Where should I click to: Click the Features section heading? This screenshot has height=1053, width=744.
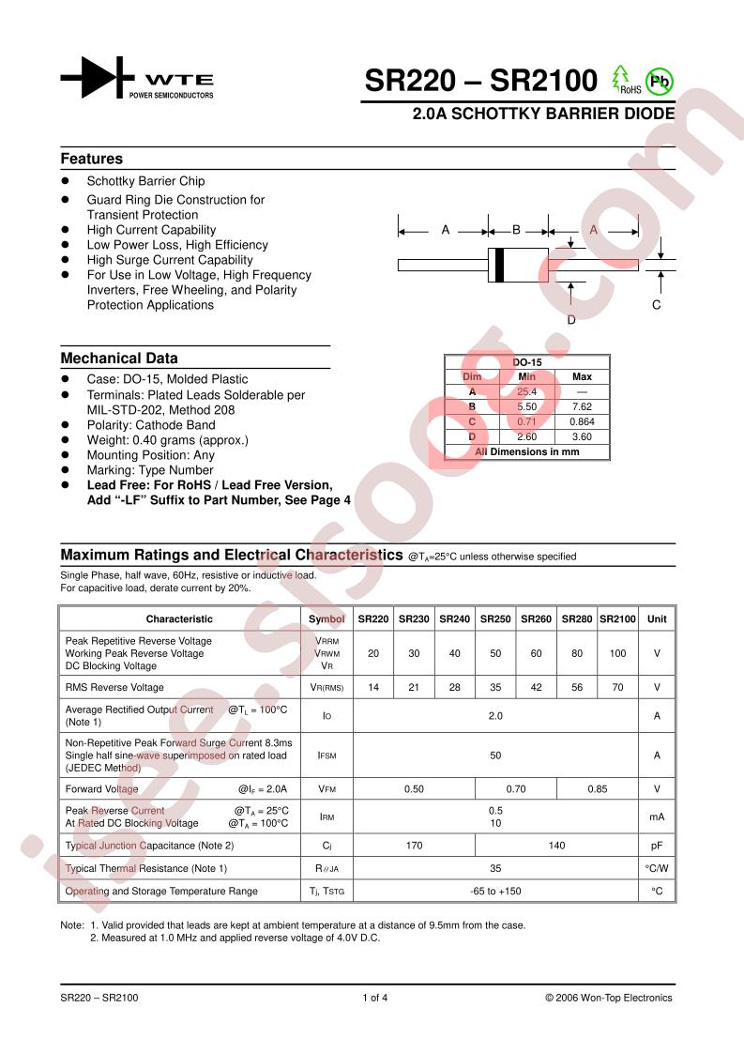(92, 159)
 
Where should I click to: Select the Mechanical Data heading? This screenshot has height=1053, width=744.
(119, 358)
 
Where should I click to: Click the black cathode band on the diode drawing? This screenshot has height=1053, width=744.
(500, 264)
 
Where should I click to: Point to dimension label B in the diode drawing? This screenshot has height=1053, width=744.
(516, 230)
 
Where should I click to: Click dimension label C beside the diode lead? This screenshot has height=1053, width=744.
(657, 305)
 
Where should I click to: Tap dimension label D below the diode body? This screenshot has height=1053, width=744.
(571, 320)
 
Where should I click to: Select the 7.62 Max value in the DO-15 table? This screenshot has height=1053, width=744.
(582, 406)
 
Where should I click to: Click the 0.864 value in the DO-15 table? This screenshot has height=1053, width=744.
(582, 421)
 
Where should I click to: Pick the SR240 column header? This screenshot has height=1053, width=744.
(455, 618)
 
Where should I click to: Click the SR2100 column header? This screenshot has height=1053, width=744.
(617, 618)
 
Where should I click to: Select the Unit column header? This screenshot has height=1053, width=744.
(657, 618)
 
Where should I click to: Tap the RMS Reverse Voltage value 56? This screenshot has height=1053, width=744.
(577, 687)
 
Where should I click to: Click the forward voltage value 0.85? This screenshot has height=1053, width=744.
(598, 789)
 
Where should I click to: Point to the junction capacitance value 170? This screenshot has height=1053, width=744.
(414, 846)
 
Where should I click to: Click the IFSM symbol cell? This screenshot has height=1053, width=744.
(326, 755)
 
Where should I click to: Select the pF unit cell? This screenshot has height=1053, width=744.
(657, 846)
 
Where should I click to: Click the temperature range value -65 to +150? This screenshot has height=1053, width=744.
(495, 891)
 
